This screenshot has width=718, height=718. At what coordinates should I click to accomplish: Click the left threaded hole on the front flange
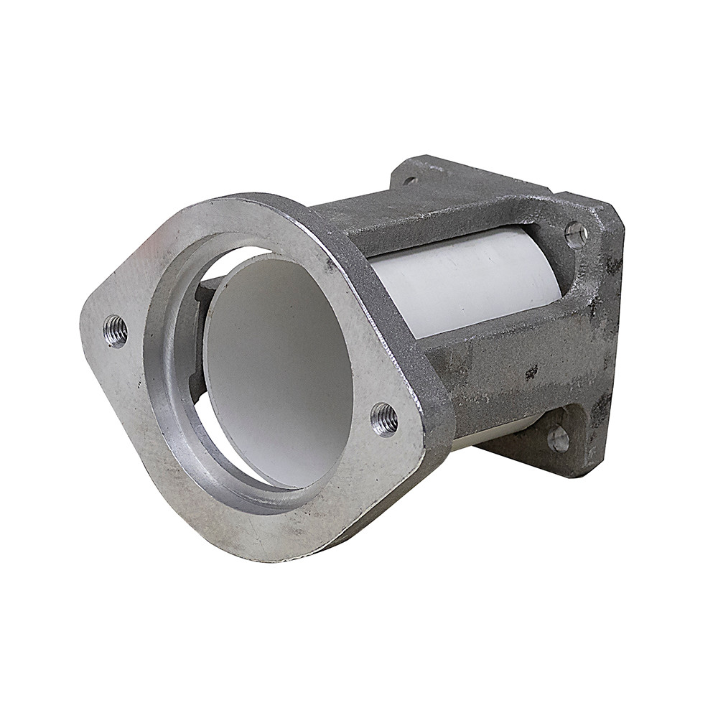[115, 331]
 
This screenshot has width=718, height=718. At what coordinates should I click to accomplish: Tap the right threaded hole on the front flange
[384, 419]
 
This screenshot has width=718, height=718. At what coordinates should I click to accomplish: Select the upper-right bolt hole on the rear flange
[575, 234]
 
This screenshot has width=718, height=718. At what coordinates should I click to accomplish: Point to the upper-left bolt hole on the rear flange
[411, 180]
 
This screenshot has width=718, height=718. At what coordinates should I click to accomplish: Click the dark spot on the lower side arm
[531, 372]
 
